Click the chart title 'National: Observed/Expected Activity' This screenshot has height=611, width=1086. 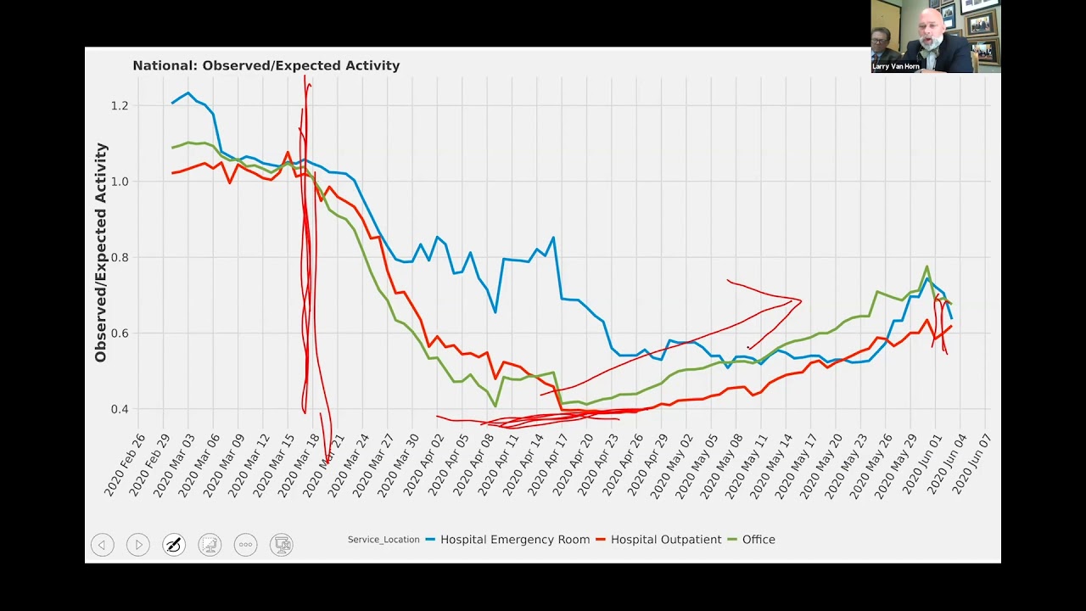266,65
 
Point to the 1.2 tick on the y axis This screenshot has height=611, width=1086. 119,106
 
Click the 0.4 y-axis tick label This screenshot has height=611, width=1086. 119,410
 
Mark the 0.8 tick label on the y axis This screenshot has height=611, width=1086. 119,258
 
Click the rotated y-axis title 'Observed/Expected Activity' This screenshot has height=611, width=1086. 101,253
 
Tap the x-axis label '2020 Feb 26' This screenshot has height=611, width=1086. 125,465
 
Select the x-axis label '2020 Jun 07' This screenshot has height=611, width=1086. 972,465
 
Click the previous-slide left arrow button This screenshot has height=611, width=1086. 103,545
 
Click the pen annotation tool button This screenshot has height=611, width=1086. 174,545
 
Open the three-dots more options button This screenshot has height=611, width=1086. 245,545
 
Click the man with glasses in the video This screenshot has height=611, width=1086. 881,41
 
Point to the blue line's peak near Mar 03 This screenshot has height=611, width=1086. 188,93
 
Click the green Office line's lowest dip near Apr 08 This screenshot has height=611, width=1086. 495,406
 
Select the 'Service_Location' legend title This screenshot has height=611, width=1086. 383,540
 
